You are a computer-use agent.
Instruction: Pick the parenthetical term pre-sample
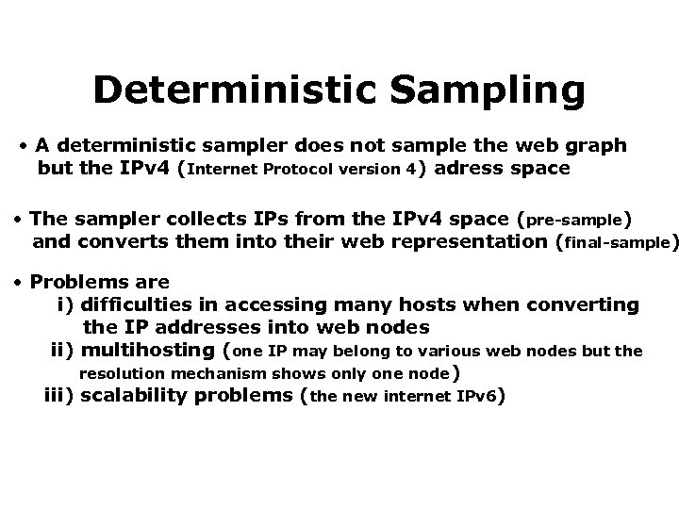point(574,220)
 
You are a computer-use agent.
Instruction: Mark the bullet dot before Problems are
point(21,282)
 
